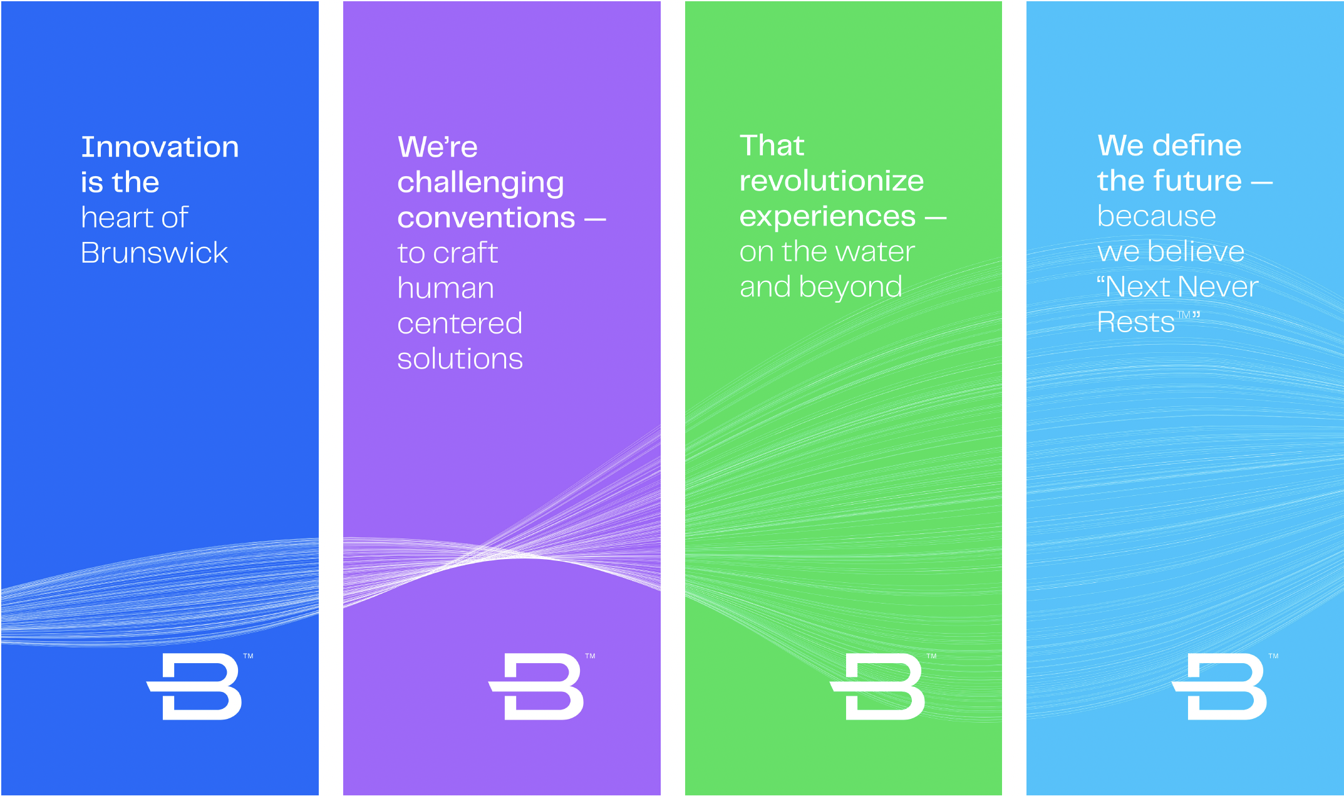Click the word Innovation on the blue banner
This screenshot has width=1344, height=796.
[x=160, y=147]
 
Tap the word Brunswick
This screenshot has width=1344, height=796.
[x=154, y=253]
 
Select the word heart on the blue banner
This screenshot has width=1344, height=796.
[x=118, y=217]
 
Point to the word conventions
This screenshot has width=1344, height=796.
[x=486, y=218]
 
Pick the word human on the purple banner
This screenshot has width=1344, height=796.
[x=445, y=288]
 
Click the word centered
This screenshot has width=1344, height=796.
[x=460, y=323]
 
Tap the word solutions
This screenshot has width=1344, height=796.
[x=460, y=359]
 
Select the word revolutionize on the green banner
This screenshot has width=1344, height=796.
[x=831, y=181]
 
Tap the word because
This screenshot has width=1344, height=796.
[x=1156, y=216]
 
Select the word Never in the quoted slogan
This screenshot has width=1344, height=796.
[x=1220, y=287]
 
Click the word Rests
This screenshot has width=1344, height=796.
[x=1135, y=323]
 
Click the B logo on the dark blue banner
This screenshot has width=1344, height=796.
[x=194, y=686]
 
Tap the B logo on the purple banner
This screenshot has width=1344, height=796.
[x=536, y=686]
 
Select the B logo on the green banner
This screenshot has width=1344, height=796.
[x=877, y=686]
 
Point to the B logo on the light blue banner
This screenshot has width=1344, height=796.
[x=1219, y=686]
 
